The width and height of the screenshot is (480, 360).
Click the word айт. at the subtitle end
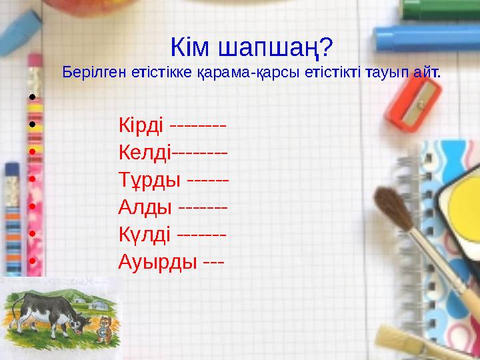(x=427, y=71)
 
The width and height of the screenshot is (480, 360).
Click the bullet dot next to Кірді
(x=31, y=125)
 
